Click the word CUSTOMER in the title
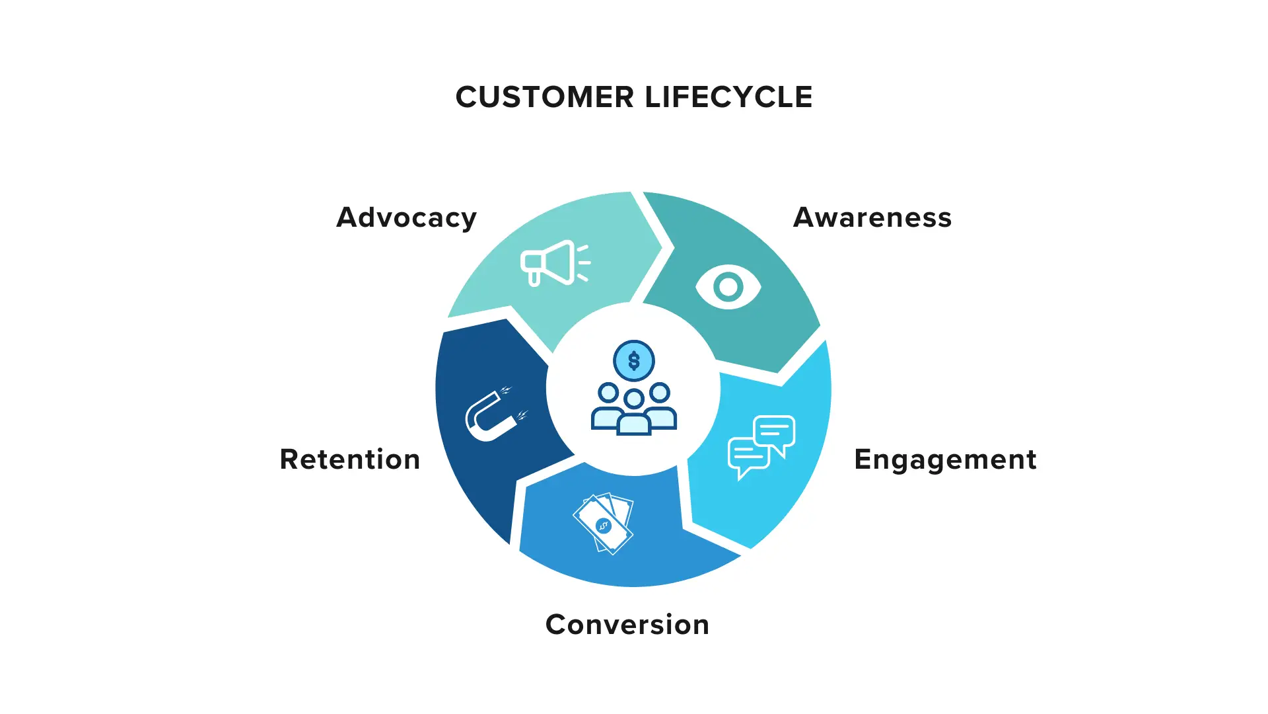(545, 97)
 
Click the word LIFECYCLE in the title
(728, 97)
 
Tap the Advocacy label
(406, 218)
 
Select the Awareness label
(872, 218)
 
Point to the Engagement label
(945, 459)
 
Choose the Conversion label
(627, 625)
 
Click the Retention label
(350, 459)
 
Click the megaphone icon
(553, 262)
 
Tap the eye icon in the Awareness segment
(728, 287)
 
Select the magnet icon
(491, 415)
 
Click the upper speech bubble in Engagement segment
(774, 432)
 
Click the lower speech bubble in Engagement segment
(748, 455)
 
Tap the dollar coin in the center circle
(634, 361)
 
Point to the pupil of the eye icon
(728, 287)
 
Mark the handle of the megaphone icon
(534, 278)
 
